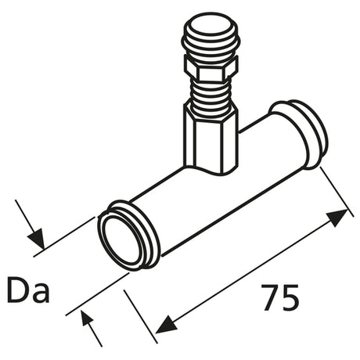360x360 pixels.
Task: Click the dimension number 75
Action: [x=280, y=297]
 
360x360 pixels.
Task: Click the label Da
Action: [x=28, y=290]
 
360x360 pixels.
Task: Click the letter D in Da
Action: [x=17, y=290]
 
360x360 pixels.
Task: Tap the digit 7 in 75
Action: [x=270, y=297]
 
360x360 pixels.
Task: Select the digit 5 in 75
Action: [x=290, y=298]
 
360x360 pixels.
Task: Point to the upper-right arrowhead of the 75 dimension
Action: [x=338, y=218]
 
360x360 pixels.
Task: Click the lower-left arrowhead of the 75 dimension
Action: [x=166, y=324]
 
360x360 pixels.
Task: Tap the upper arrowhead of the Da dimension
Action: [x=36, y=239]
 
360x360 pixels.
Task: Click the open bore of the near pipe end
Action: [x=120, y=241]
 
